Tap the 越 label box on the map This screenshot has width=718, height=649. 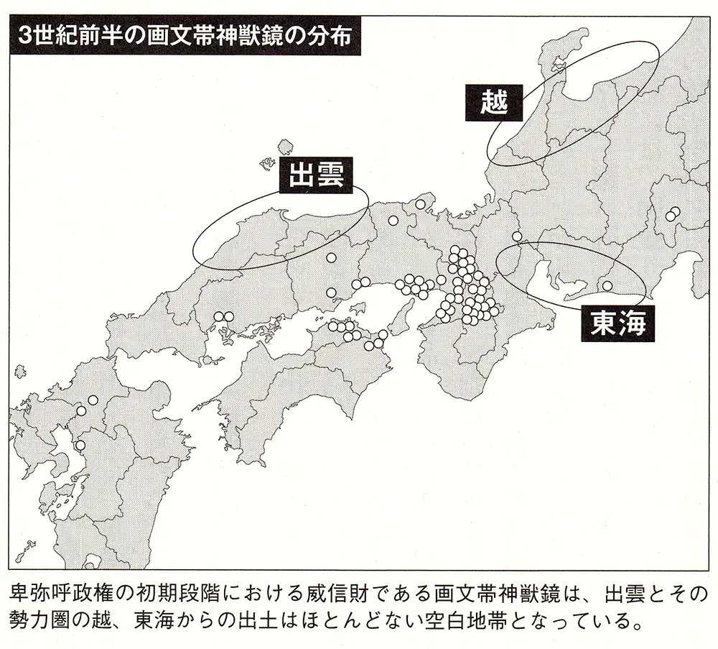click(x=495, y=102)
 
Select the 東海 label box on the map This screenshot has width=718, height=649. click(x=613, y=324)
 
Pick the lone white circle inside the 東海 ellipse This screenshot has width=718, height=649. click(x=607, y=286)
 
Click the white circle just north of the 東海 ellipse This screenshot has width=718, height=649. click(x=517, y=236)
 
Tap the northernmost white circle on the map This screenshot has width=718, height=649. click(x=420, y=204)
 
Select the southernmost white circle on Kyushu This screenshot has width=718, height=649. click(x=80, y=445)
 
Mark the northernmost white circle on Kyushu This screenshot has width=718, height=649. click(x=92, y=400)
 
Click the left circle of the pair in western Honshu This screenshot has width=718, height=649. click(x=219, y=316)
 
